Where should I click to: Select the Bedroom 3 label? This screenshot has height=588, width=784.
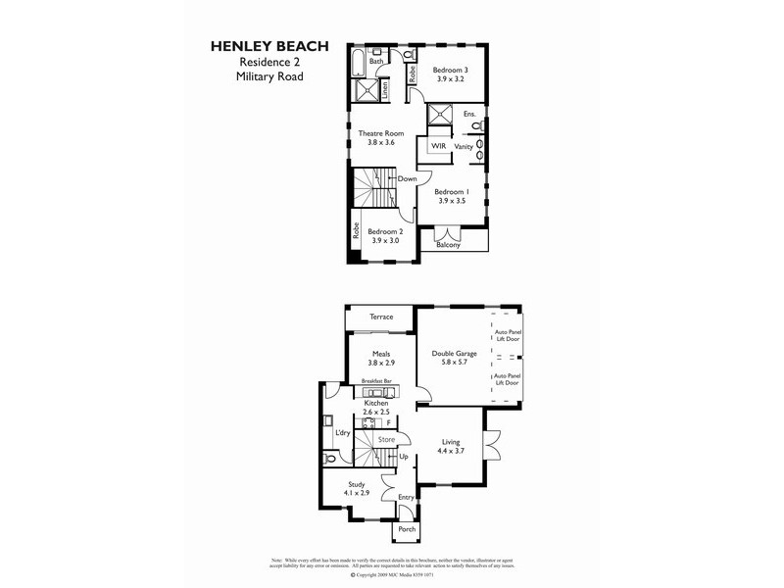click(452, 71)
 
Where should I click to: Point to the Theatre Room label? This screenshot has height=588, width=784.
click(380, 132)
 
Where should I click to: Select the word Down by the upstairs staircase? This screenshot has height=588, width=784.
click(408, 179)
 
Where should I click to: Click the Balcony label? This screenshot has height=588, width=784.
click(448, 245)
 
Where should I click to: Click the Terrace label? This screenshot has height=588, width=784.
click(380, 317)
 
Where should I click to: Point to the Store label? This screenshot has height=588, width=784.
click(385, 440)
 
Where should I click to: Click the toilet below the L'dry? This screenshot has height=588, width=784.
click(330, 459)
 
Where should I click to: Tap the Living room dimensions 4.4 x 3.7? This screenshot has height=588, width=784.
click(452, 453)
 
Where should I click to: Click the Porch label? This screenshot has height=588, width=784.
click(406, 529)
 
